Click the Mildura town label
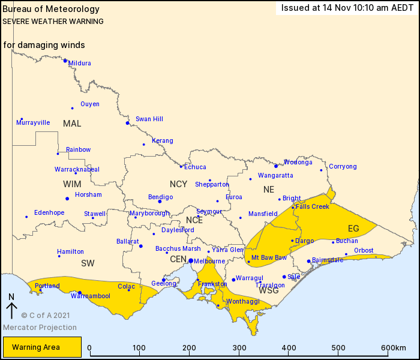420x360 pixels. click(80, 63)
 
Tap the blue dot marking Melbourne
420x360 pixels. click(190, 261)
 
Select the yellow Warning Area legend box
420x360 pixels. click(42, 347)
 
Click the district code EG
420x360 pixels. click(353, 229)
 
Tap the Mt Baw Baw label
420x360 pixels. click(269, 258)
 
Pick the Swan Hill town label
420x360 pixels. click(149, 119)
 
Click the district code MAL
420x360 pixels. click(72, 124)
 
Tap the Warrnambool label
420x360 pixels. click(90, 296)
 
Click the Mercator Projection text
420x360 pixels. click(40, 328)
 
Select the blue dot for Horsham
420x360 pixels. click(67, 199)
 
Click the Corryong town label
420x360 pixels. click(343, 167)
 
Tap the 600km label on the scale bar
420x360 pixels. click(393, 348)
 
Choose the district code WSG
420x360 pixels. click(269, 290)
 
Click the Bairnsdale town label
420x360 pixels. click(328, 260)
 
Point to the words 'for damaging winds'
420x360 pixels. click(44, 45)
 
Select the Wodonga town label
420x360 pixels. click(298, 162)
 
